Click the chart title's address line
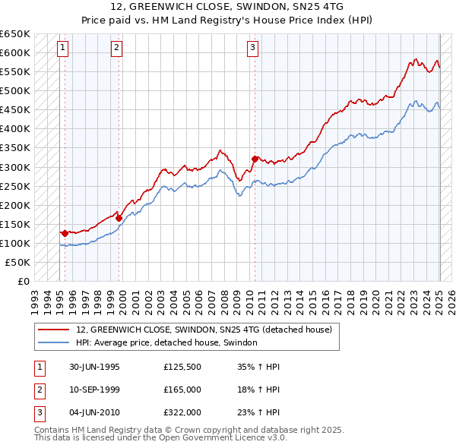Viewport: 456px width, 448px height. coord(227,6)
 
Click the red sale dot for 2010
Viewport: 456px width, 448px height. coord(255,159)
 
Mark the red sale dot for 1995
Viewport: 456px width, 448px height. coord(65,233)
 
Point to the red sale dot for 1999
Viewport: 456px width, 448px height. coord(119,218)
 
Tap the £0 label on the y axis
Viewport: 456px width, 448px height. coord(23,281)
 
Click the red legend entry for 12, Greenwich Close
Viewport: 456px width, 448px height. coord(204,330)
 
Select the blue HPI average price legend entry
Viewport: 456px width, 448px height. coord(166,343)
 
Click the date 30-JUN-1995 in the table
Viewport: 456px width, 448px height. coord(95,367)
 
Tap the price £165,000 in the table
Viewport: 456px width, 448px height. coord(182,390)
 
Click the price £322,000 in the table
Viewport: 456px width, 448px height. coord(182,412)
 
